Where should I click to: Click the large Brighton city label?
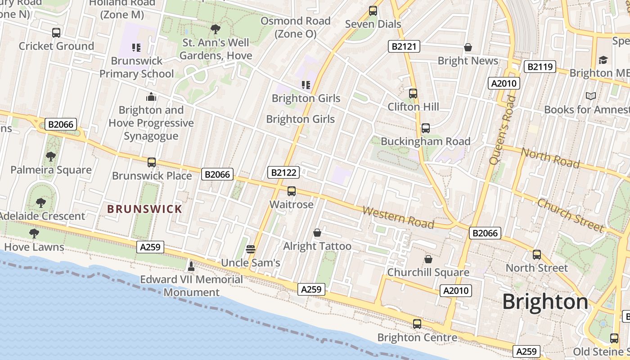click(545, 301)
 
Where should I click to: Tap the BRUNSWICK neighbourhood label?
click(144, 209)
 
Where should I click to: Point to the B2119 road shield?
click(540, 67)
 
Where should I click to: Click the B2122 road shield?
click(283, 172)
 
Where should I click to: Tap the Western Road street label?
click(398, 217)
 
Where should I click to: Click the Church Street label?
click(570, 215)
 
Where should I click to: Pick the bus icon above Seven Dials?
click(373, 10)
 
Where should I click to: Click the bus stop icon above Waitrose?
click(292, 191)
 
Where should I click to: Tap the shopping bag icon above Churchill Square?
click(428, 260)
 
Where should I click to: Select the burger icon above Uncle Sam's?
click(251, 249)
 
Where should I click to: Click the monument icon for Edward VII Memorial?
click(191, 266)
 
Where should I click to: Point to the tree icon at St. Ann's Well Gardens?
click(216, 29)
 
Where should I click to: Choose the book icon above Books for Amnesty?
click(590, 96)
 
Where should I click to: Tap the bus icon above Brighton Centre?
click(417, 324)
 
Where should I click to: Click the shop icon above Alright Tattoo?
click(317, 233)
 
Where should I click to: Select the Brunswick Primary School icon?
click(136, 47)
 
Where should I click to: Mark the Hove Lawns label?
click(34, 247)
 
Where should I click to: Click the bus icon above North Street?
click(536, 255)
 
